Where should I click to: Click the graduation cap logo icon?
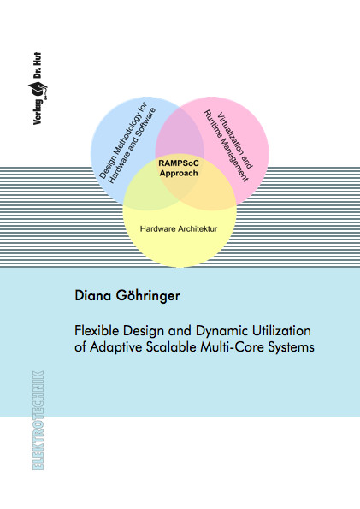coord(38,89)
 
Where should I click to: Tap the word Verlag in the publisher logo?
coord(38,112)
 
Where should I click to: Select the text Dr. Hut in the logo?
coord(38,66)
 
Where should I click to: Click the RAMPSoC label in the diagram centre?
coord(179,163)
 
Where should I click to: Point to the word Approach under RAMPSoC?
coord(179,174)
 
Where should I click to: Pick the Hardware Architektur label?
coord(179,229)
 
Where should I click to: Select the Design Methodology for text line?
coord(123,140)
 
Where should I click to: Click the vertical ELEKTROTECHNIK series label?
coord(38,420)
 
